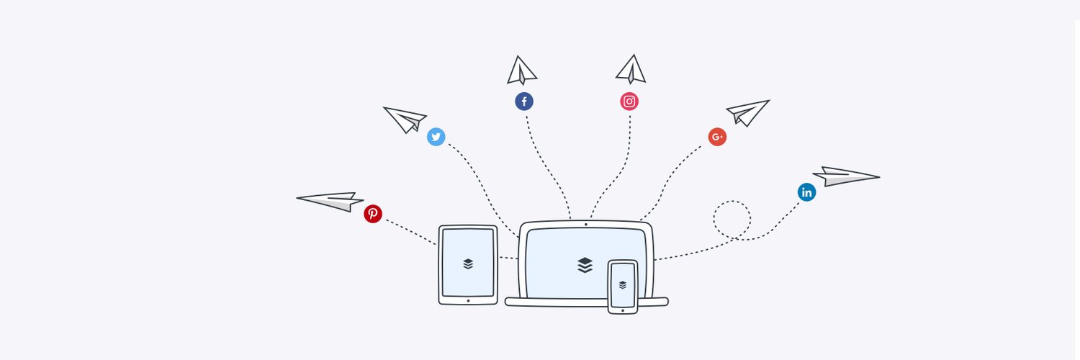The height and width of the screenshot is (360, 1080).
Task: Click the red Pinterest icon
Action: click(372, 213)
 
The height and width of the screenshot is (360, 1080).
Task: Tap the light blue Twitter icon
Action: click(436, 137)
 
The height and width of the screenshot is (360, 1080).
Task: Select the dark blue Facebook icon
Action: click(524, 102)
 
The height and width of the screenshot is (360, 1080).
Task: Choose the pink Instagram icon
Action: click(629, 102)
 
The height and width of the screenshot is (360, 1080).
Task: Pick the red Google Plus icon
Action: click(717, 137)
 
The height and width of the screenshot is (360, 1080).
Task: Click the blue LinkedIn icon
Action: click(806, 192)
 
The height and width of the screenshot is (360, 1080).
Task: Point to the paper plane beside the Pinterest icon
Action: click(331, 201)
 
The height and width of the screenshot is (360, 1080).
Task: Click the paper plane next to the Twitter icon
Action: click(405, 119)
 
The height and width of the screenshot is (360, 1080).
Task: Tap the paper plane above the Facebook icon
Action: click(521, 71)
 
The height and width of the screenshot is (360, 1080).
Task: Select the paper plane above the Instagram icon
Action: click(631, 70)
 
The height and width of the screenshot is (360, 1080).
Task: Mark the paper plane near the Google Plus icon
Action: click(747, 112)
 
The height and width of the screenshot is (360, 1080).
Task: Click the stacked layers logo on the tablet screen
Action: click(468, 264)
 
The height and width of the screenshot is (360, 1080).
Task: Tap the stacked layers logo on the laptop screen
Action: click(585, 265)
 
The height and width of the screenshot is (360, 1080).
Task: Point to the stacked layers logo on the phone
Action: click(623, 284)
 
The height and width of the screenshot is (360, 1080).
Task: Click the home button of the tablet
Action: click(468, 300)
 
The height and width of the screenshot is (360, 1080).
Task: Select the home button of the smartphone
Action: click(623, 310)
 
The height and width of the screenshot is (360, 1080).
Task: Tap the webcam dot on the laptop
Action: click(585, 224)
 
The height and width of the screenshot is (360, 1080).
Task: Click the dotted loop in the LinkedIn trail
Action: click(732, 218)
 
